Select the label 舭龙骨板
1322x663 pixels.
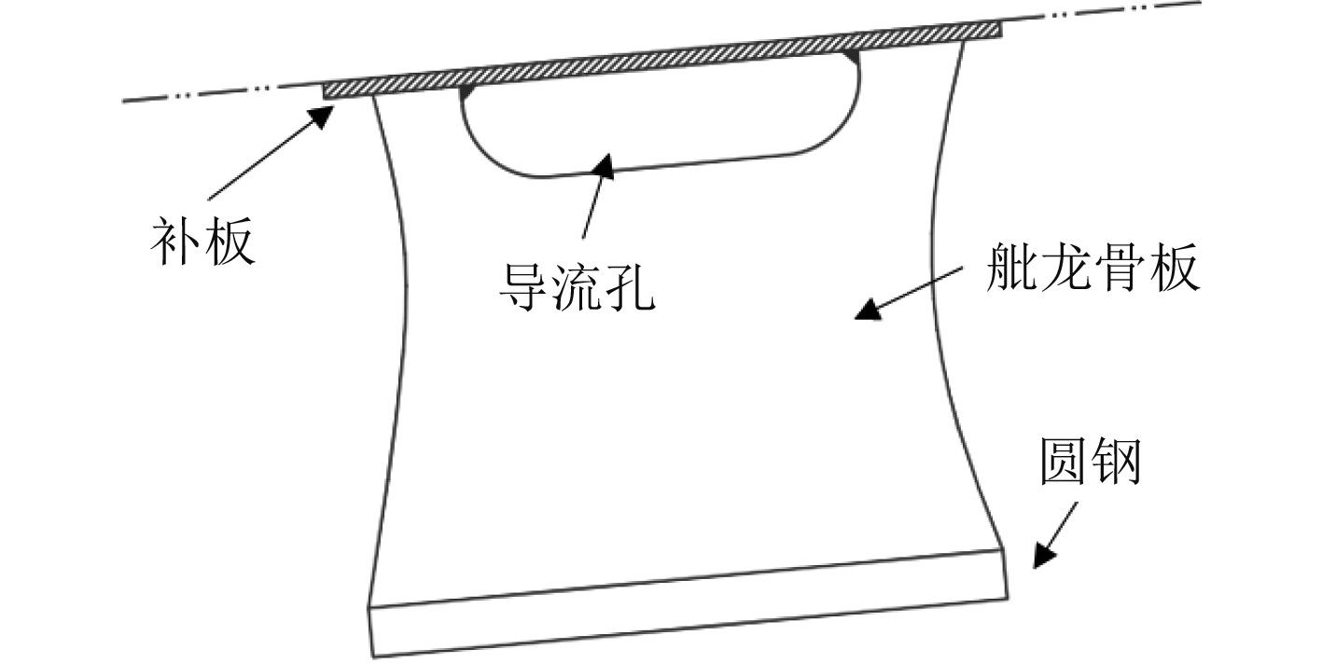(x=1092, y=271)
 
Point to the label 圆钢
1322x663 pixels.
(x=1091, y=463)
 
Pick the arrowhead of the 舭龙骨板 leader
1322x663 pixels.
(x=868, y=311)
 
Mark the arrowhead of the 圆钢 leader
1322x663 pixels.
(x=1042, y=556)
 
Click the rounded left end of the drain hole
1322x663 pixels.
(x=466, y=131)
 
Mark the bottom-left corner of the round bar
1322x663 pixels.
(x=373, y=656)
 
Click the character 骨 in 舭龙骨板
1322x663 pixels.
(x=1120, y=271)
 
